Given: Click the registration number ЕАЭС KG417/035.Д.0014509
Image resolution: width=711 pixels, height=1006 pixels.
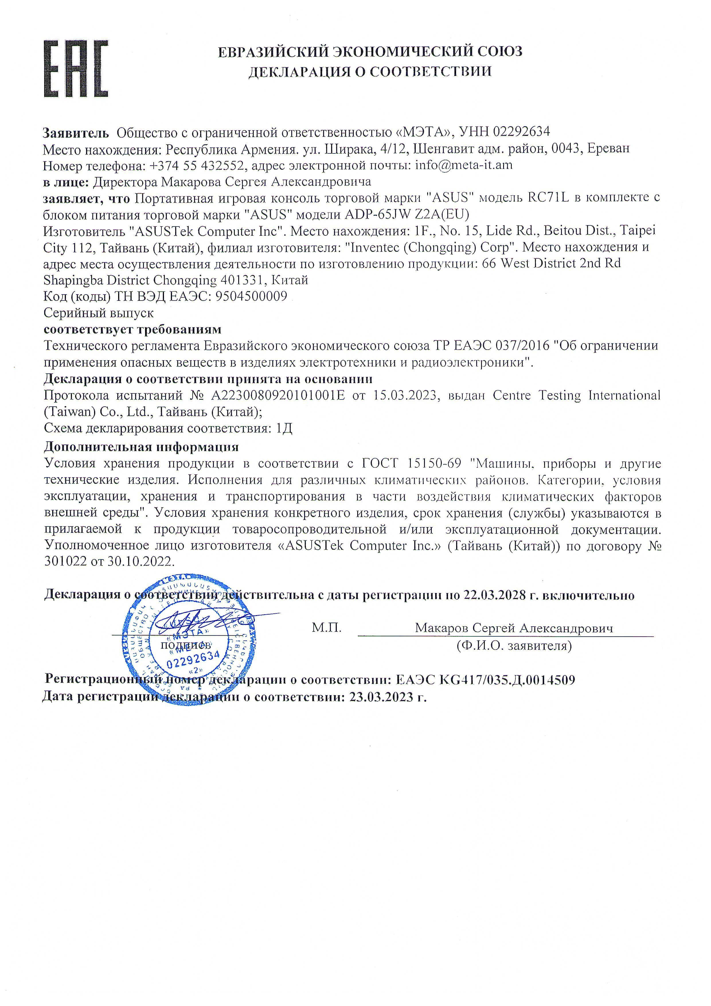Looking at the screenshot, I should pos(485,680).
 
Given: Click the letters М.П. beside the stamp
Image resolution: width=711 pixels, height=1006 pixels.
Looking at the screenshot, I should pos(326,628).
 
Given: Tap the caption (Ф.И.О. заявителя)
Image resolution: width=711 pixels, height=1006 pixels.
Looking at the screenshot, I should pos(514,646).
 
